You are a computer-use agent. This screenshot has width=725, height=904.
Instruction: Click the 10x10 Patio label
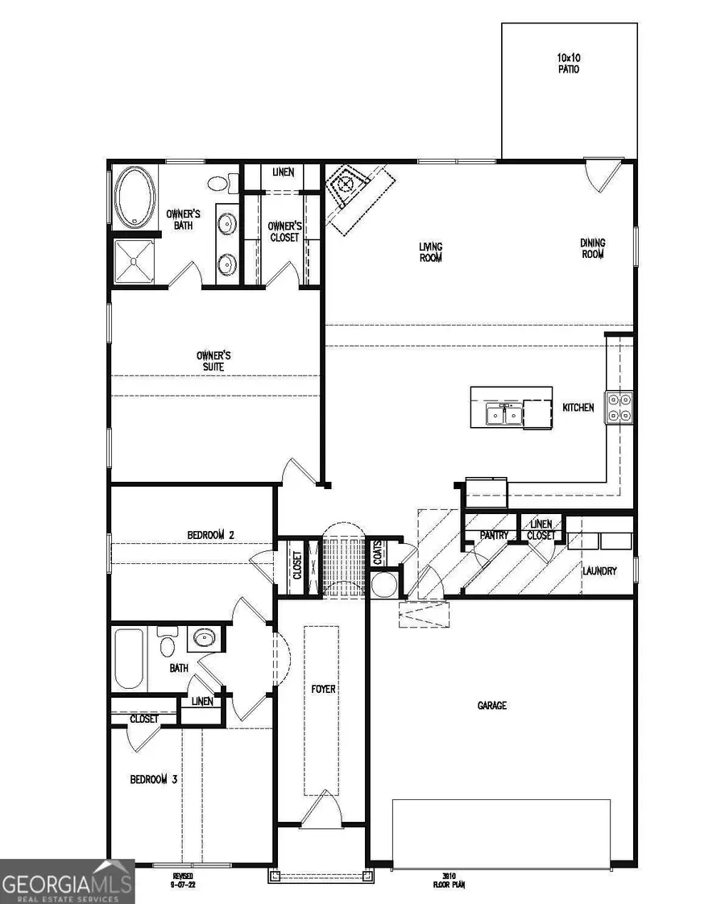point(568,63)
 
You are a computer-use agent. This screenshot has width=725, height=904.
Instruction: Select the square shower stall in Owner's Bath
point(134,261)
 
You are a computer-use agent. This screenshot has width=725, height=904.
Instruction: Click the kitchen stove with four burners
point(621,407)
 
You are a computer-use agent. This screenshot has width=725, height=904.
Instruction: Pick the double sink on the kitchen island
point(503,415)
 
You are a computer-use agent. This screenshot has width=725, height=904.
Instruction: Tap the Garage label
point(491,705)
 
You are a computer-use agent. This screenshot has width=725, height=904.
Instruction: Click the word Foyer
point(323,689)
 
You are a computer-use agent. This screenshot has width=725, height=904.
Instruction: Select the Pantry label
point(492,535)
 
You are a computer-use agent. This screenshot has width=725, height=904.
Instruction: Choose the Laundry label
point(599,571)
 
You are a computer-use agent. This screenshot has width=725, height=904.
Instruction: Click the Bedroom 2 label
point(210,534)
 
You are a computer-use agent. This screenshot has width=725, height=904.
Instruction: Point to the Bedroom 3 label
point(154,779)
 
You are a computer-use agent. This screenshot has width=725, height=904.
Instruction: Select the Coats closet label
point(377,553)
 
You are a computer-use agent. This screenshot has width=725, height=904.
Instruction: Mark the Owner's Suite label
point(214,360)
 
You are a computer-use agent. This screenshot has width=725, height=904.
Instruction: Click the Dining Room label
point(592,248)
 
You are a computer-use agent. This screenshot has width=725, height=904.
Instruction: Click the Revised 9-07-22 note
point(183,880)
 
